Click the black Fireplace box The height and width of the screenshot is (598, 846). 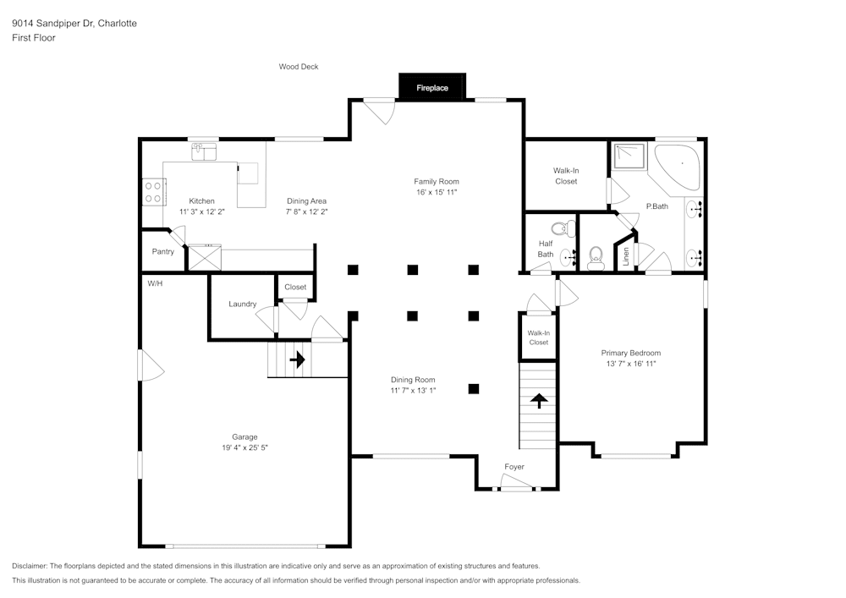(x=432, y=86)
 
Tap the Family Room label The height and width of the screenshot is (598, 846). (x=437, y=182)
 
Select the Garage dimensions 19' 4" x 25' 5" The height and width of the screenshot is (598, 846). (x=245, y=447)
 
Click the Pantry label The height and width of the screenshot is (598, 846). (x=163, y=251)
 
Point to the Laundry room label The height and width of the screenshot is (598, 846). (x=242, y=304)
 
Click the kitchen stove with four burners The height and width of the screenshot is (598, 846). (x=154, y=192)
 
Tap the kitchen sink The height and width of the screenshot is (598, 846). (x=204, y=151)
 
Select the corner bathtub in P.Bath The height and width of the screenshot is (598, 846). (x=678, y=167)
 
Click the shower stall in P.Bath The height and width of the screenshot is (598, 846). (x=629, y=156)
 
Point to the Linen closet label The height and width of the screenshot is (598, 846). (x=626, y=256)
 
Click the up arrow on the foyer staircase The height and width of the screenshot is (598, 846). (x=538, y=401)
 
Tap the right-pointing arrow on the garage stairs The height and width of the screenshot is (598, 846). (x=297, y=359)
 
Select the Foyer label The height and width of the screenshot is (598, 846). (x=514, y=467)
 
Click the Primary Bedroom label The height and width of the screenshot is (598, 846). (x=631, y=354)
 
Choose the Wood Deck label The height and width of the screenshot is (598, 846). (x=299, y=67)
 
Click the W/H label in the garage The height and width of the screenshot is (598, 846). (x=155, y=283)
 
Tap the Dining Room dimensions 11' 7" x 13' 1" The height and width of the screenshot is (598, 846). (x=414, y=391)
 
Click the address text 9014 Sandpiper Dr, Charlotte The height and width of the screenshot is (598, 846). (x=74, y=23)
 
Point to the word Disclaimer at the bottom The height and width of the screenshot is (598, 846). (x=29, y=566)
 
